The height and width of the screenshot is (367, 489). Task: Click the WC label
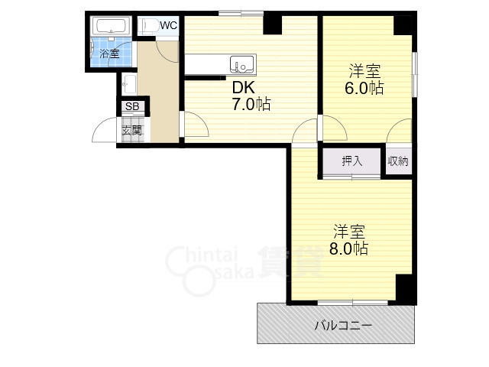point(169,25)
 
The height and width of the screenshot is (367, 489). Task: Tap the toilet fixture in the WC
point(149,26)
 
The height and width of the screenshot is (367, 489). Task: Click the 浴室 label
point(109,54)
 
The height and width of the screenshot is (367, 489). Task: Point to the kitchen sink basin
point(241,64)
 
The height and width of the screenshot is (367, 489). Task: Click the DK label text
point(244,88)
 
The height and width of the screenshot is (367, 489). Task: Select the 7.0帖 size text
point(251,104)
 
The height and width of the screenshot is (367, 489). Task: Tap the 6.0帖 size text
point(364,88)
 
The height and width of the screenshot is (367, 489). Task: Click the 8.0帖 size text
point(348,248)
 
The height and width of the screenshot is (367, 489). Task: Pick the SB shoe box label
point(132,106)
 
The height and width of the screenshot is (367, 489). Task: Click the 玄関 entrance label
point(132,130)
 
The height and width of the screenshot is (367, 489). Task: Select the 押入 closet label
point(351,161)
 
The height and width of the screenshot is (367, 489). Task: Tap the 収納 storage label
point(398,161)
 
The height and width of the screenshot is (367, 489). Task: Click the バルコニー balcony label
point(343,326)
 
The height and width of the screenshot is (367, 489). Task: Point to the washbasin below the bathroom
point(128,85)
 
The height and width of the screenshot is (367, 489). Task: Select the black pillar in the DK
point(273,24)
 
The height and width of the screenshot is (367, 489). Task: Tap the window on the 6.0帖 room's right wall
point(415,74)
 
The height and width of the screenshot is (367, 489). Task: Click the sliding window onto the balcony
point(353,303)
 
